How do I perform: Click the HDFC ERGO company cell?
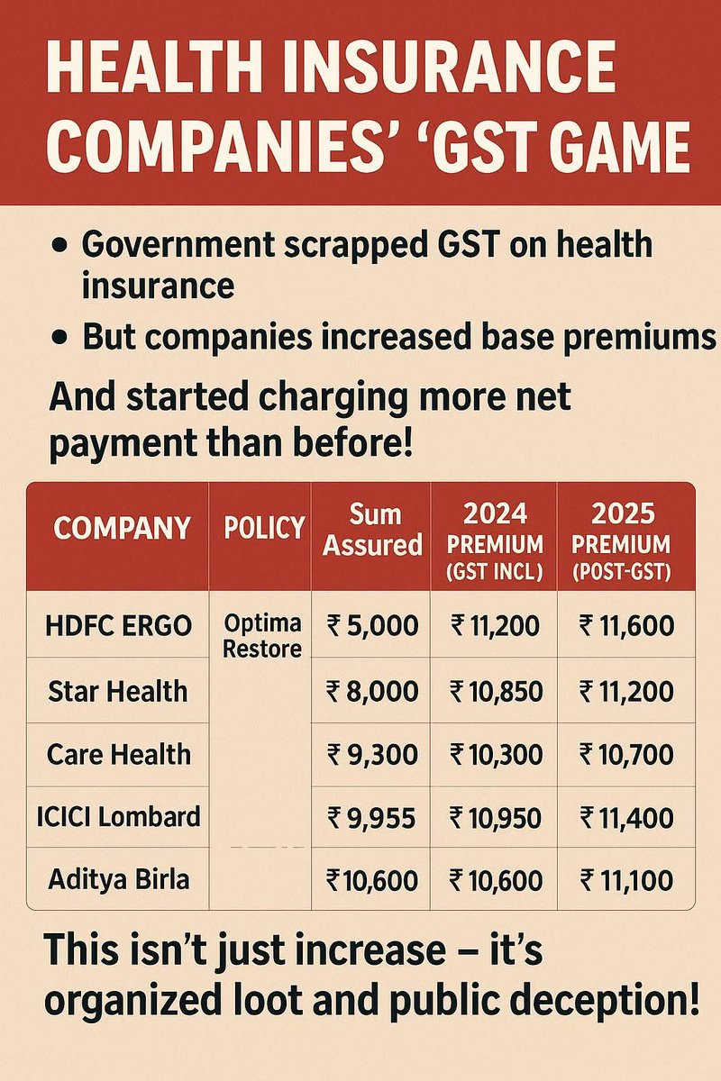tap(118, 625)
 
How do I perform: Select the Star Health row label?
tap(118, 691)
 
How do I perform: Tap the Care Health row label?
tap(118, 753)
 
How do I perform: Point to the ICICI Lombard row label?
tap(118, 817)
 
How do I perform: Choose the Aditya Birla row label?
tap(118, 878)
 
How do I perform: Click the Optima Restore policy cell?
tap(262, 636)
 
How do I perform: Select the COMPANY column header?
tap(122, 528)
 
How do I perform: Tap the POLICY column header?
tap(263, 528)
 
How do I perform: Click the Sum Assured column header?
tap(372, 530)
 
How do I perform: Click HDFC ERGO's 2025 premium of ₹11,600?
tap(626, 625)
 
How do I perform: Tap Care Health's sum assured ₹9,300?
tap(372, 753)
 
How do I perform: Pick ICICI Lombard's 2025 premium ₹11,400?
tap(626, 817)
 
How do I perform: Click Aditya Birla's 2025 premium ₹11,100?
tap(626, 878)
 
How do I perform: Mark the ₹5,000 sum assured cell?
tap(372, 625)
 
